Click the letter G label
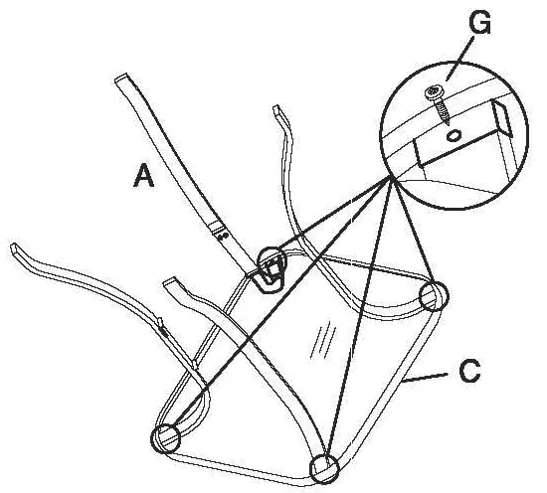480,22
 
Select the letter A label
143,176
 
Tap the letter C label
469,371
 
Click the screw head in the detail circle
434,92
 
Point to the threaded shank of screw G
443,111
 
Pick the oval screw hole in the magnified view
454,135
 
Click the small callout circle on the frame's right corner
434,296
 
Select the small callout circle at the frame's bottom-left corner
165,438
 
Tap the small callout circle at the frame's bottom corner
324,468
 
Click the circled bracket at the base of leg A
272,268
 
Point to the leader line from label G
459,59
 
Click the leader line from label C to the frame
424,379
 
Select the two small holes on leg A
223,236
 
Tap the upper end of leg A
120,78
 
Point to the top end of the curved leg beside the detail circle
277,108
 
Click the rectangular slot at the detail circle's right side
501,118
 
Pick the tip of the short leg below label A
170,281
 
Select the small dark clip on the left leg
163,329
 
